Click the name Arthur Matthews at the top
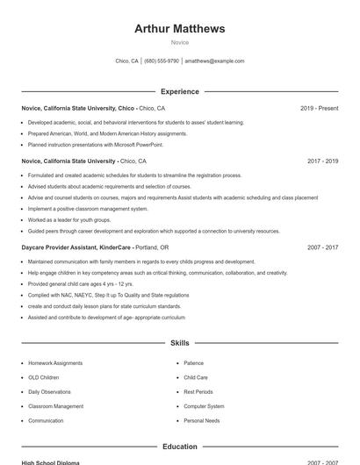coord(179,28)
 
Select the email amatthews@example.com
coord(214,61)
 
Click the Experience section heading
coord(179,91)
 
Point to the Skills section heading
coord(179,343)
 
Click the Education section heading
coord(179,447)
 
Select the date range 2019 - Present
coord(319,109)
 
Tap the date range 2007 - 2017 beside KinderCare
coord(322,248)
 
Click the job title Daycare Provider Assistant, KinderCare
coord(76,248)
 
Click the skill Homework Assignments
coord(55,363)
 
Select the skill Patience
coord(193,363)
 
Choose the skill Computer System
coord(204,406)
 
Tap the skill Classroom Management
coord(56,406)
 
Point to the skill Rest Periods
coord(198,392)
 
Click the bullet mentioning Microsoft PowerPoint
coord(95,144)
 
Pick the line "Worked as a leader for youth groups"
coord(69,220)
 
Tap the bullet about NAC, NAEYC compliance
coord(108,296)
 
